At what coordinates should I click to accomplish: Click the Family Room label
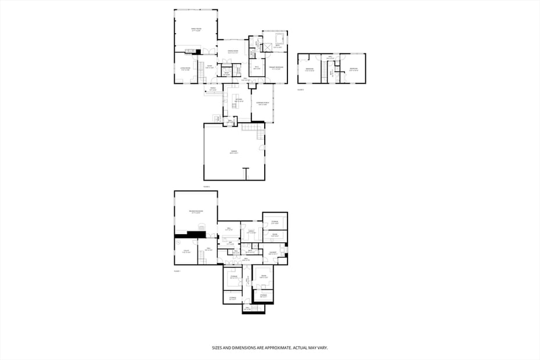tap(196, 29)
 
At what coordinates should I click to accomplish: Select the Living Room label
tap(185, 69)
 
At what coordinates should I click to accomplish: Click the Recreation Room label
tap(196, 211)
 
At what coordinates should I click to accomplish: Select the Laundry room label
tap(272, 253)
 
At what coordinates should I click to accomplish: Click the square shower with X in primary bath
tap(268, 48)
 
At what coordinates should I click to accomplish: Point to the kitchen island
tap(235, 98)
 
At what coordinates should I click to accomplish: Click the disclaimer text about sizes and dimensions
tap(270, 348)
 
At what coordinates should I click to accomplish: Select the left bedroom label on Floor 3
tap(309, 69)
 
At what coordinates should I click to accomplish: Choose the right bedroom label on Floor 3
tap(353, 69)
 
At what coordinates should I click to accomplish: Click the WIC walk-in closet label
tap(256, 68)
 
